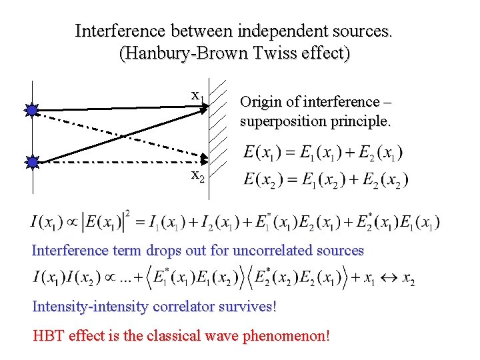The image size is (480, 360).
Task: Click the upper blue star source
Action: click(32, 111)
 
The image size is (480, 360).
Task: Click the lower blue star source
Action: click(32, 161)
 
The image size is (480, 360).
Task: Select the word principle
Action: click(364, 121)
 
